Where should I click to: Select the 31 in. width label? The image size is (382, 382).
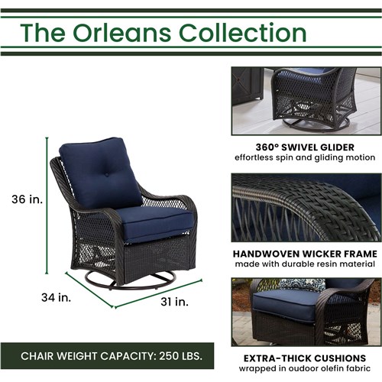175,302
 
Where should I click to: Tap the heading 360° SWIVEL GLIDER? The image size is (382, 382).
304,147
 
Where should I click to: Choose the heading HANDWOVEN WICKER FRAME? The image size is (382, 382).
304,253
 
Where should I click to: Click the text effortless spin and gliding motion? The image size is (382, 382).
304,158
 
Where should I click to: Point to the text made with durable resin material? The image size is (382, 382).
304,264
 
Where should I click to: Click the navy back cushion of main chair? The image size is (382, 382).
95,172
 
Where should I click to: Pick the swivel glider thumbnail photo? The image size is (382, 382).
304,100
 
